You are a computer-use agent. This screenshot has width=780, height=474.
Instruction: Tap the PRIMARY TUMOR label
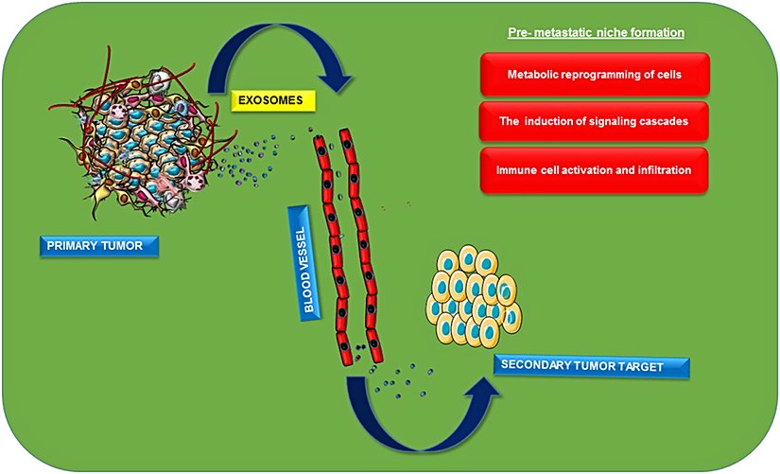click(99, 247)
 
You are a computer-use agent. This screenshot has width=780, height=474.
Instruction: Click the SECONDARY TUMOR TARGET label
click(594, 366)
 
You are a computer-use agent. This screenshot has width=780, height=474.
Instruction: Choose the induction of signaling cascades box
click(595, 121)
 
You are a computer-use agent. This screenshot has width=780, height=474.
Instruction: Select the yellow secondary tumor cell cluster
click(474, 296)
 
